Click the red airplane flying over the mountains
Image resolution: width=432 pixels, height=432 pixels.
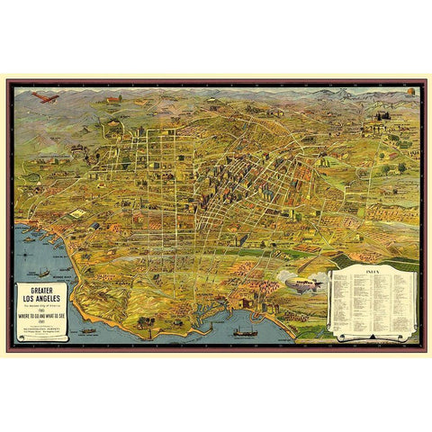click(x=44, y=95)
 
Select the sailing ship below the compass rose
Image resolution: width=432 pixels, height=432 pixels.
click(x=42, y=271)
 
